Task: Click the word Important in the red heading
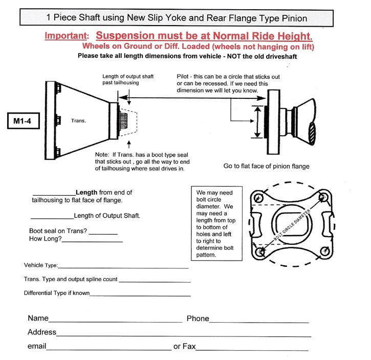[x=66, y=36]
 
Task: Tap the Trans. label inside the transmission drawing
[x=79, y=121]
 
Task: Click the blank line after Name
[x=116, y=321]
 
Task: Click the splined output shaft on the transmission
[x=123, y=122]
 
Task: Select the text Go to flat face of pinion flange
[x=266, y=166]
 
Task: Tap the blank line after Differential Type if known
[x=140, y=295]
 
